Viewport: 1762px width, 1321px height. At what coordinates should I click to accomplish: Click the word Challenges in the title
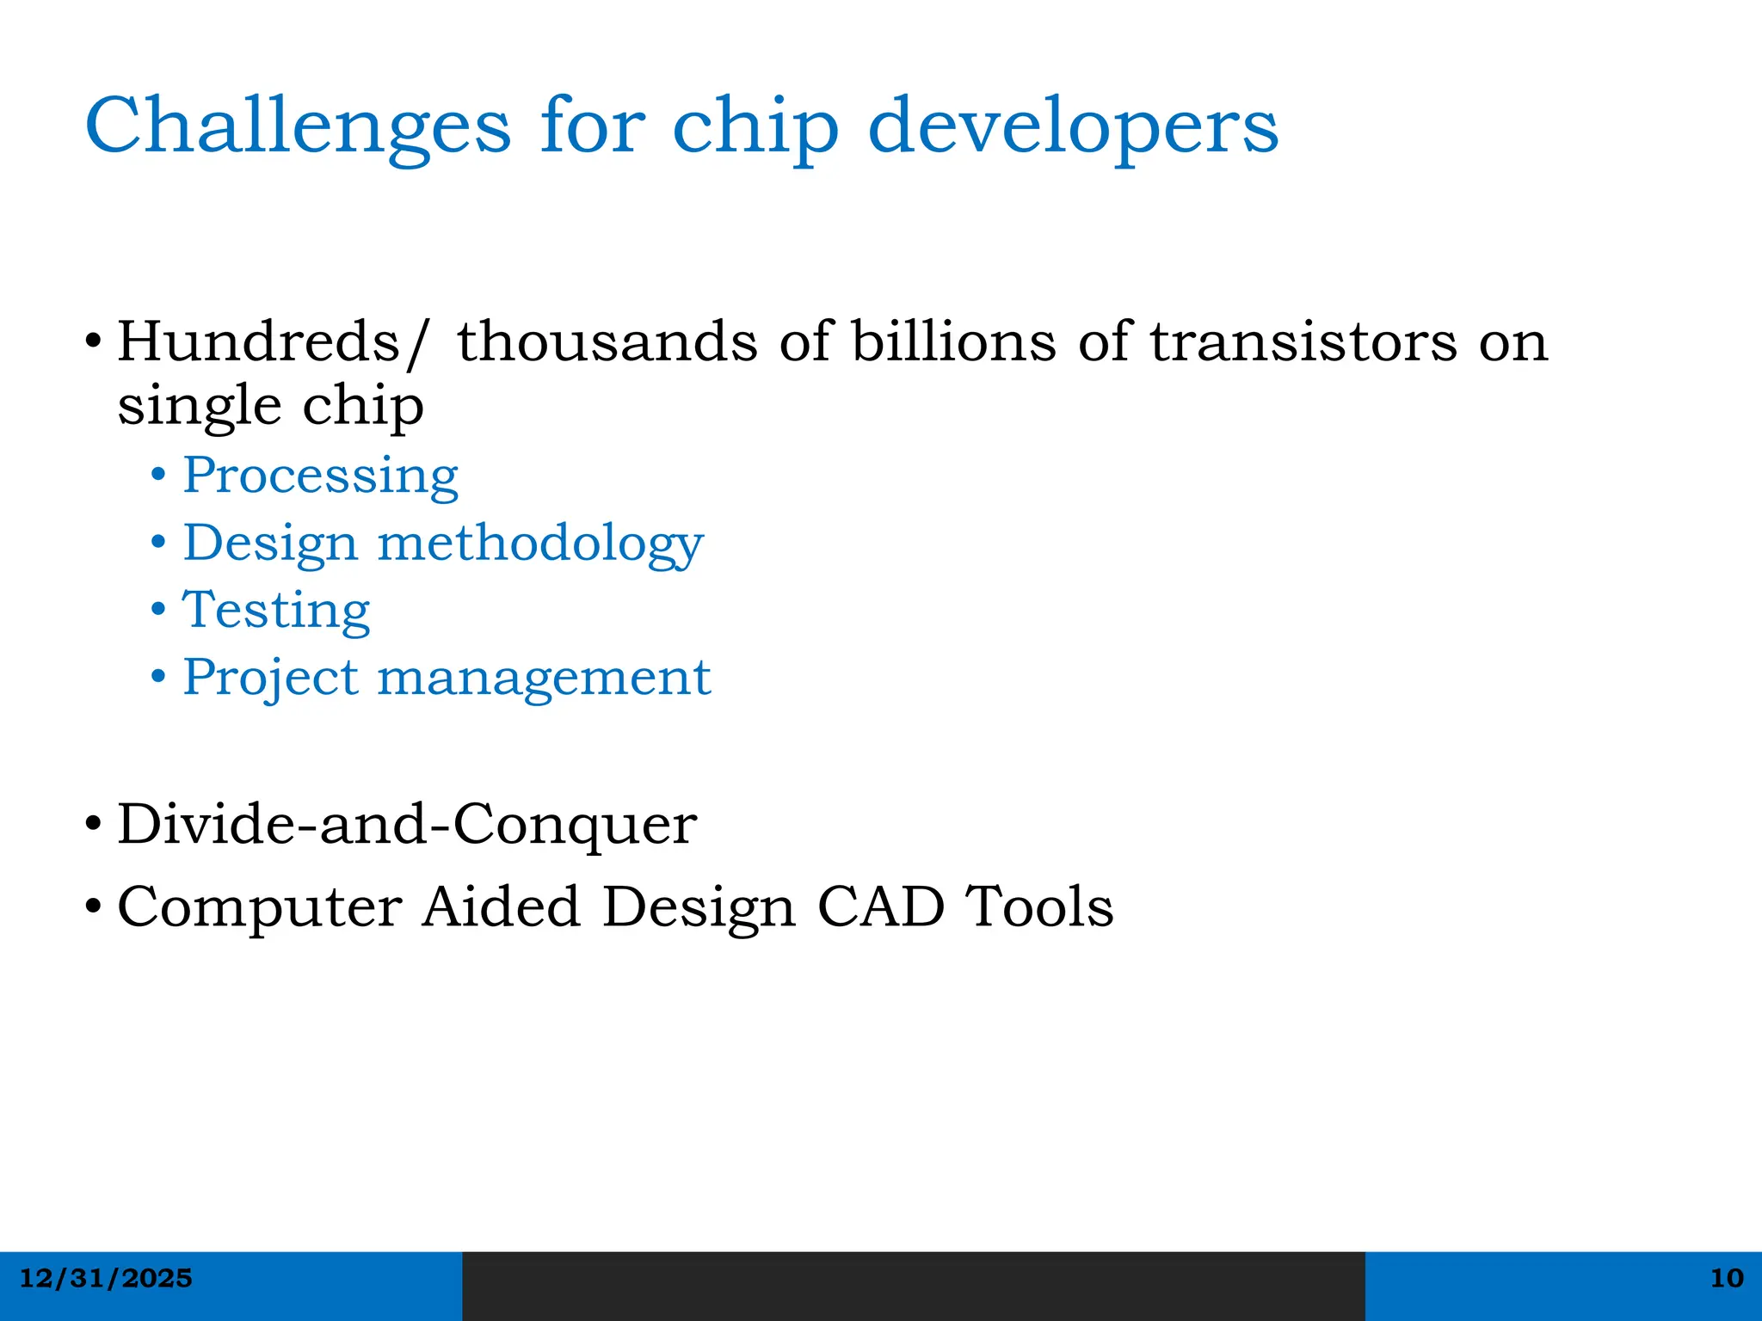(x=298, y=126)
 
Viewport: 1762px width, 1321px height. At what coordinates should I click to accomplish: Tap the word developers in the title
(x=1073, y=126)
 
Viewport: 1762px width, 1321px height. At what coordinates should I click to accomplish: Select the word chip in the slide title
(x=755, y=126)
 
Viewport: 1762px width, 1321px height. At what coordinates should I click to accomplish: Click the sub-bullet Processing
(x=320, y=476)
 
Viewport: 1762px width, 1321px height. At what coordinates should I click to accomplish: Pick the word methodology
(x=540, y=544)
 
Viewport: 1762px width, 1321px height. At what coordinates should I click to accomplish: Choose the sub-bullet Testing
(x=276, y=611)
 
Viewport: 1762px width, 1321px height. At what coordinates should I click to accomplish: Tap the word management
(x=544, y=679)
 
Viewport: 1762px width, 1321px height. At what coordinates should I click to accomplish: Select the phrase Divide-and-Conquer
(x=406, y=824)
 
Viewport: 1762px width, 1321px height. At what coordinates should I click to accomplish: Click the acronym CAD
(x=880, y=906)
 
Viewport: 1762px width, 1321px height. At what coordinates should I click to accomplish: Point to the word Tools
(x=1038, y=906)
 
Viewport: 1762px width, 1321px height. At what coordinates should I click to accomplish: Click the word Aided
(x=501, y=906)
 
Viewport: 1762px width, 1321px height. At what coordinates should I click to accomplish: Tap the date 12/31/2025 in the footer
(x=106, y=1278)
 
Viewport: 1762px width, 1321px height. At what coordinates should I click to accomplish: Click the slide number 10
(x=1726, y=1278)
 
